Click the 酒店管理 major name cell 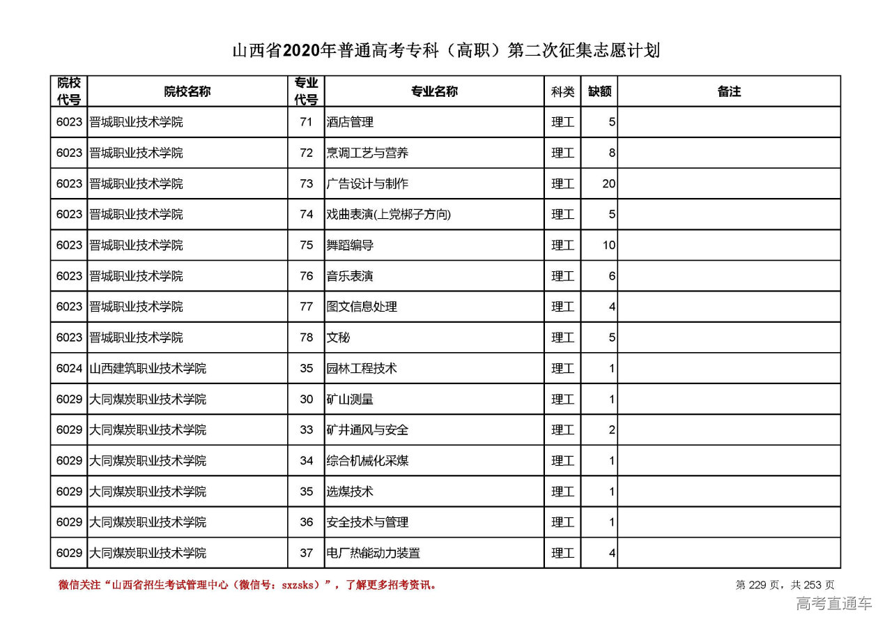350,122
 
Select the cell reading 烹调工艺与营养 367,153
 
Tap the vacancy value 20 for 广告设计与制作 608,184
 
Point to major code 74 307,215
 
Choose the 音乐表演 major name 350,276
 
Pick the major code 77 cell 307,307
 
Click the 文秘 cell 339,337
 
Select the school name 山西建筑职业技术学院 148,368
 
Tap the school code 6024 69,368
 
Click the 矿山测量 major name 350,400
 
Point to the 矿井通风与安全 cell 367,430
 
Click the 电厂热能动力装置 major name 374,554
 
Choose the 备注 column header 729,91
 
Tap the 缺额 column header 599,91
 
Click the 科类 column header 562,91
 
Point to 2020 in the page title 301,51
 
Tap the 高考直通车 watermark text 834,604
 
